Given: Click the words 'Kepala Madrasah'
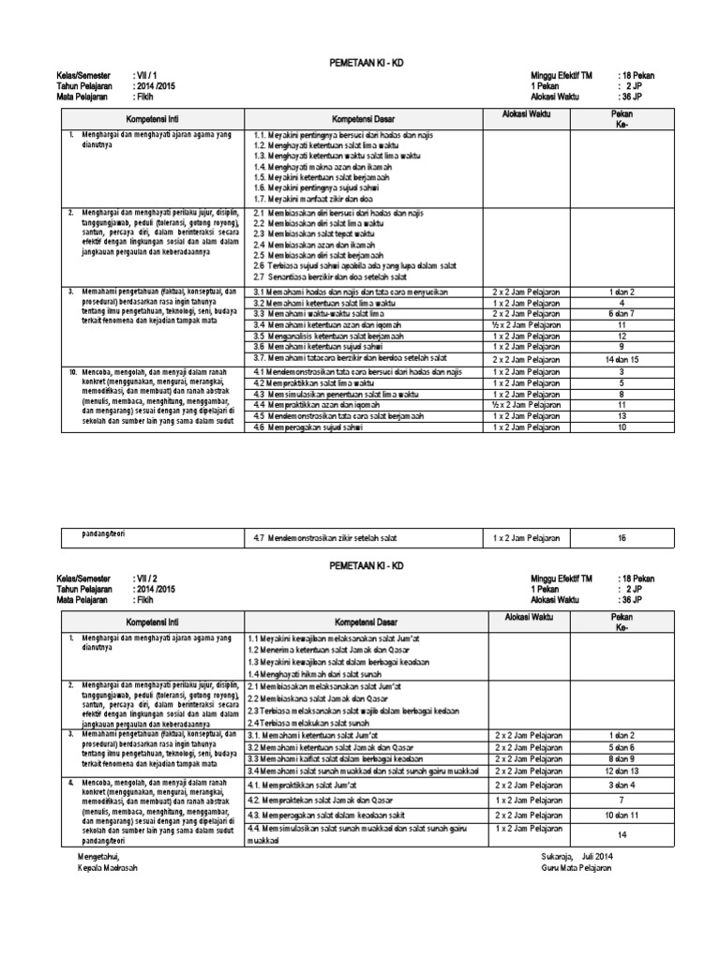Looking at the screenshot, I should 106,867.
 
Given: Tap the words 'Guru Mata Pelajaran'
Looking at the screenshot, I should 576,867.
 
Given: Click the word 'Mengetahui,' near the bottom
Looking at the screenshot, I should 99,856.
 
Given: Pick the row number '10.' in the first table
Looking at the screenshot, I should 72,372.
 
